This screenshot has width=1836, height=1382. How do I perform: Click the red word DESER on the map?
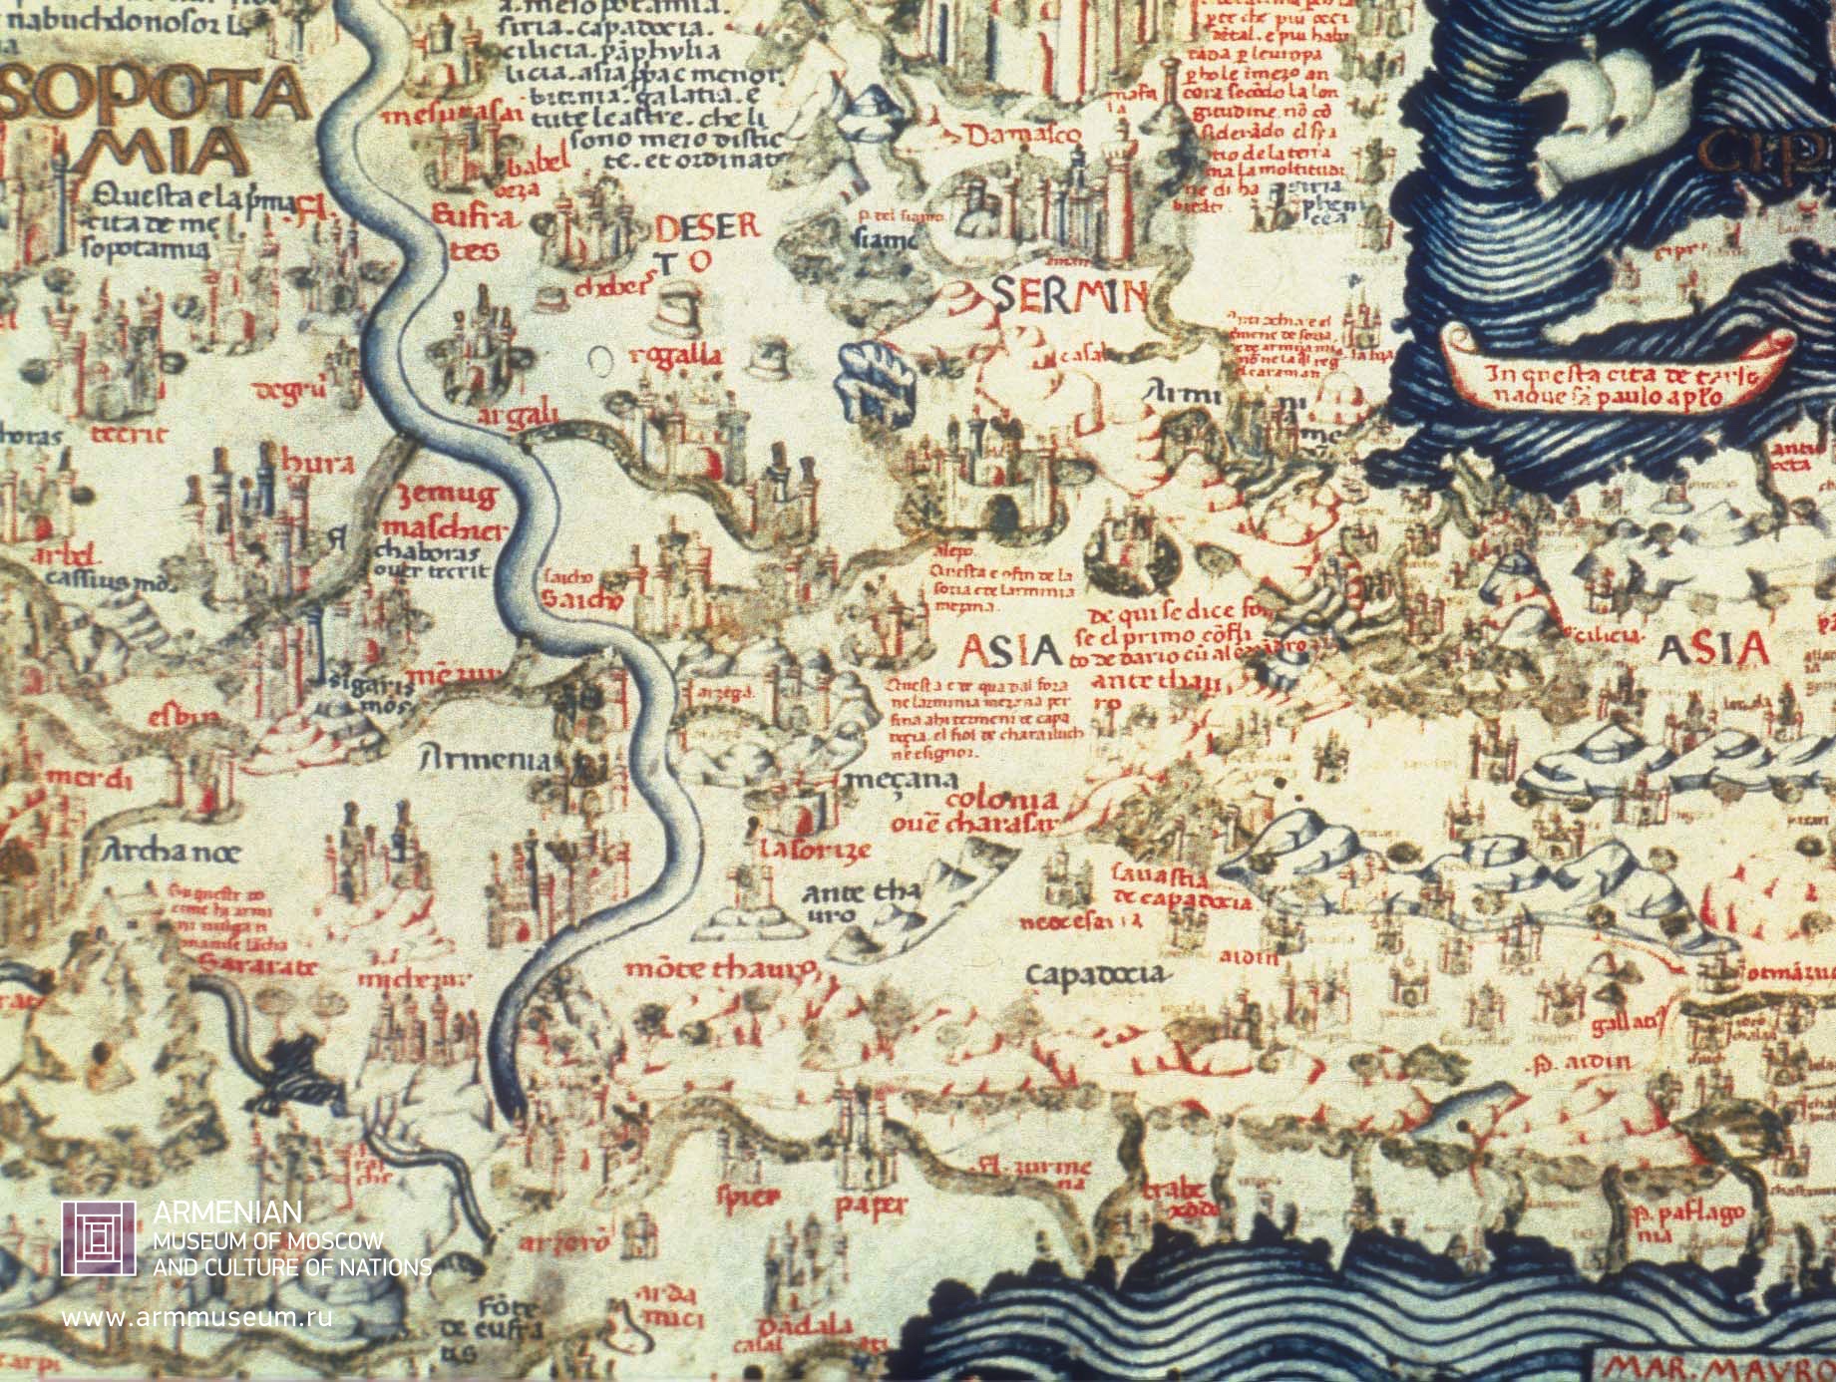point(706,228)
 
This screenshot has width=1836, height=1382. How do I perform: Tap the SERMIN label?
point(1069,296)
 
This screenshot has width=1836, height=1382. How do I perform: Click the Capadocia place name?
point(1094,973)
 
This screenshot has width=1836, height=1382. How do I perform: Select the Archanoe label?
point(172,853)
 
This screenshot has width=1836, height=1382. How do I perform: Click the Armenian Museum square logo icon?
point(98,1237)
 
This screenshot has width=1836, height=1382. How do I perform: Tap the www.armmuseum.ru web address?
point(196,1316)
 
